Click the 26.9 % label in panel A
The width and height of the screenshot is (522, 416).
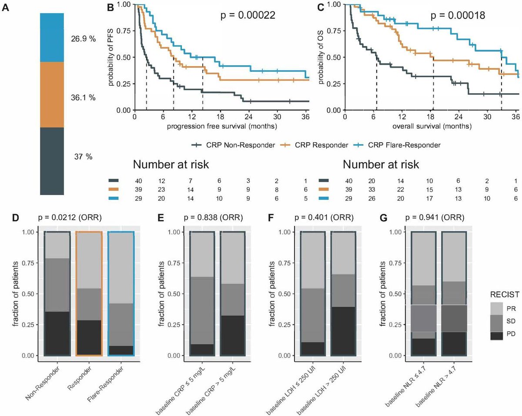click(x=83, y=39)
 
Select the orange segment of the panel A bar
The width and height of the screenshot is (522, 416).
click(x=52, y=94)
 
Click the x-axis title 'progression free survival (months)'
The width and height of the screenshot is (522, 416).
click(x=222, y=126)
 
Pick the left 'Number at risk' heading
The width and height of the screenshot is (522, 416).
click(x=171, y=165)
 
